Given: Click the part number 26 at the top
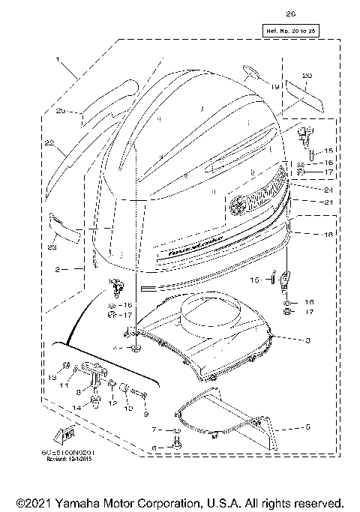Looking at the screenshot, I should (291, 13).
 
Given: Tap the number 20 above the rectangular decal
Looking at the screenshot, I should (305, 76).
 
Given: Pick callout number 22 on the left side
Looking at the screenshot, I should (49, 142).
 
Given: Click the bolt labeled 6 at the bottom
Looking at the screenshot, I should (176, 447).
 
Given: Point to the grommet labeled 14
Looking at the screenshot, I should (96, 403).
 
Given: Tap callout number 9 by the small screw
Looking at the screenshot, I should (146, 412).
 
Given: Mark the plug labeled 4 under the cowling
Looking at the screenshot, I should (136, 350).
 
